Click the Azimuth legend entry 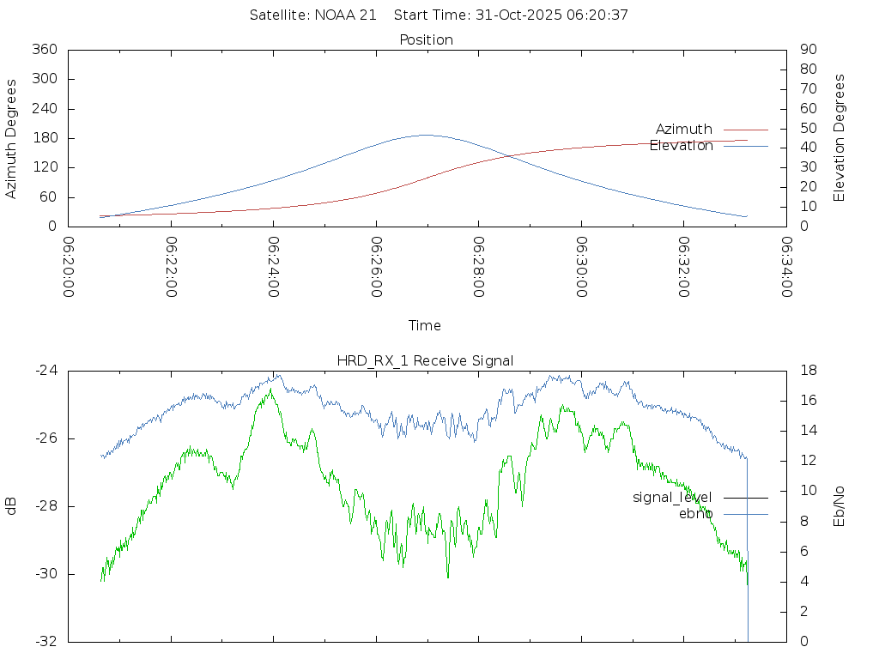pyautogui.click(x=684, y=130)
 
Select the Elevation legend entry pyautogui.click(x=682, y=146)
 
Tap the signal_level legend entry pyautogui.click(x=672, y=498)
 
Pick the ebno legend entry pyautogui.click(x=695, y=514)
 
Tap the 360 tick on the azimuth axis pyautogui.click(x=44, y=50)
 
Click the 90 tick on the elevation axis pyautogui.click(x=807, y=50)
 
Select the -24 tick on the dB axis pyautogui.click(x=45, y=371)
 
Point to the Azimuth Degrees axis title pyautogui.click(x=11, y=138)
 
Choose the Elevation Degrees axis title pyautogui.click(x=840, y=138)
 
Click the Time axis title pyautogui.click(x=425, y=326)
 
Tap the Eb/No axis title pyautogui.click(x=840, y=506)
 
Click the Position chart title pyautogui.click(x=427, y=40)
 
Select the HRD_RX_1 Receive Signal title pyautogui.click(x=425, y=361)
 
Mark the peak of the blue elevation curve pyautogui.click(x=426, y=135)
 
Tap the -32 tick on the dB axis pyautogui.click(x=45, y=641)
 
